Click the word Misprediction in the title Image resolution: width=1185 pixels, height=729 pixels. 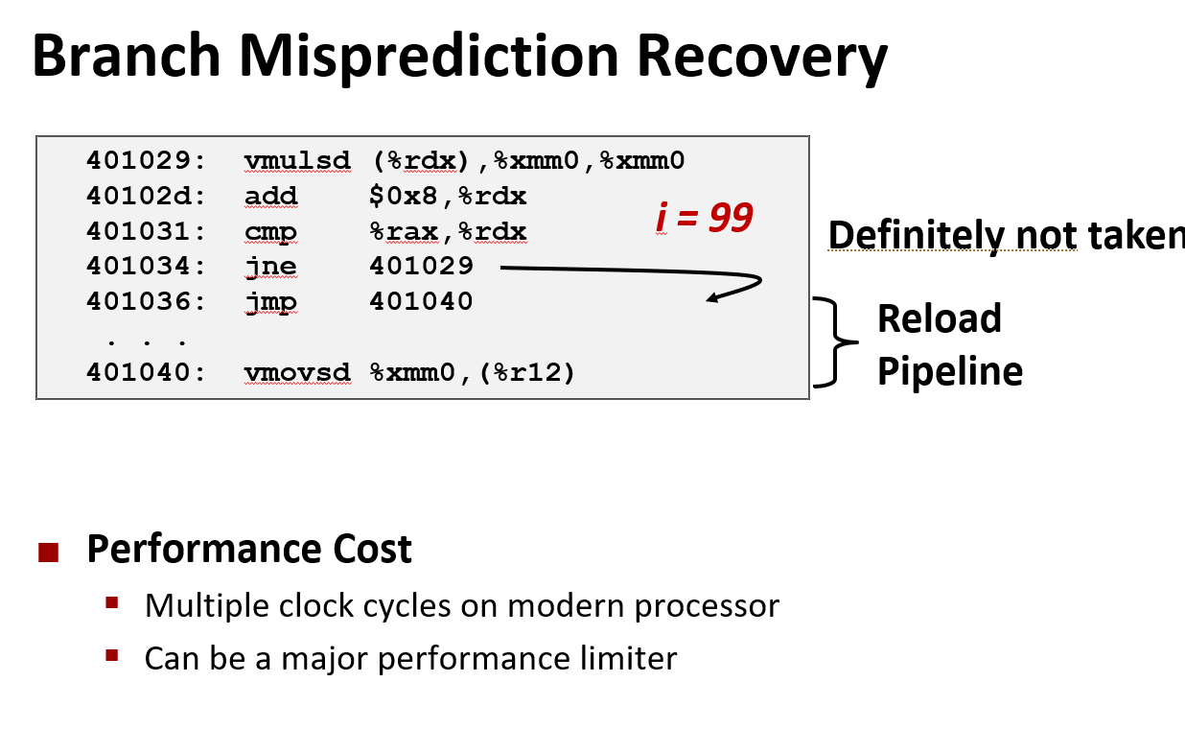(x=431, y=58)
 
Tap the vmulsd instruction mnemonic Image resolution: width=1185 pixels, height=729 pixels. (x=297, y=160)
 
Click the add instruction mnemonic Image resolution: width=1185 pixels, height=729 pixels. (x=271, y=197)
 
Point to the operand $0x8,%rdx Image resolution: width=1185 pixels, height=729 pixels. (x=448, y=197)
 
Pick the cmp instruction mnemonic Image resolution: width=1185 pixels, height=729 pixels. (x=271, y=232)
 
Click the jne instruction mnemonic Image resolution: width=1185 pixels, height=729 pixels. (x=271, y=267)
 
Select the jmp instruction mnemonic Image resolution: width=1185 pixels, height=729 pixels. (x=271, y=301)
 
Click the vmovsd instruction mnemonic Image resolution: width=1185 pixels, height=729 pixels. (x=297, y=371)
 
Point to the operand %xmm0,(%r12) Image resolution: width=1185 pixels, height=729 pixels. (x=473, y=371)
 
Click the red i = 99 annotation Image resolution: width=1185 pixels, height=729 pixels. (x=705, y=219)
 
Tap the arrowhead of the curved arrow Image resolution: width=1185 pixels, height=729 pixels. (x=711, y=299)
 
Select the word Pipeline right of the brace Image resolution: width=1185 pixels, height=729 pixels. (x=949, y=371)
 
